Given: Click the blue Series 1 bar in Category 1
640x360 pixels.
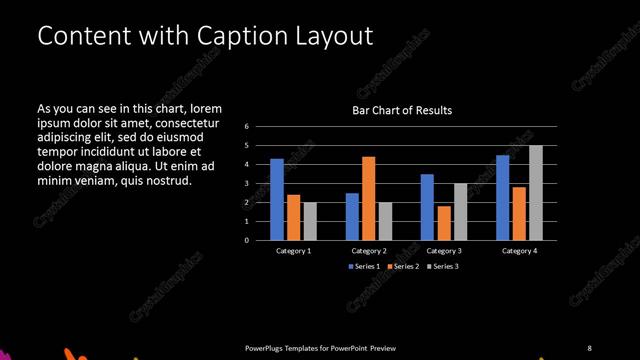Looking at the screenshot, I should [277, 200].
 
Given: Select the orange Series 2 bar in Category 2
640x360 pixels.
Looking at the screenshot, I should [368, 198].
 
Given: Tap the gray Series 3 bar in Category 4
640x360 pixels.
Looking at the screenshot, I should [535, 193].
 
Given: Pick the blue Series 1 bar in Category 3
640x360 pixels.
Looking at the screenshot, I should [427, 207].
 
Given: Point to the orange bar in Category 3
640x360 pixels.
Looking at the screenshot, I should [443, 223].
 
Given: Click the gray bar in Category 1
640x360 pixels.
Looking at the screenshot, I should [308, 221].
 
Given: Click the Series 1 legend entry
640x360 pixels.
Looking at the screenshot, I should [364, 266].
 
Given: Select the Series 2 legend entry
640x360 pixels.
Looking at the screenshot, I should [403, 266].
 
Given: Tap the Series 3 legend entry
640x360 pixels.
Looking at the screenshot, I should [442, 266].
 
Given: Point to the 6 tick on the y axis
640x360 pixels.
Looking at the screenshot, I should [247, 127].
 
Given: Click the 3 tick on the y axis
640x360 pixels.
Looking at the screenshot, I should [247, 184].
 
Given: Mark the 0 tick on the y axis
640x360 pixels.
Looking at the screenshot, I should [247, 240].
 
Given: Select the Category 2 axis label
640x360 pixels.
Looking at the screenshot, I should [369, 250].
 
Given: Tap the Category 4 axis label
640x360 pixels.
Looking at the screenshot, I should [519, 250].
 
